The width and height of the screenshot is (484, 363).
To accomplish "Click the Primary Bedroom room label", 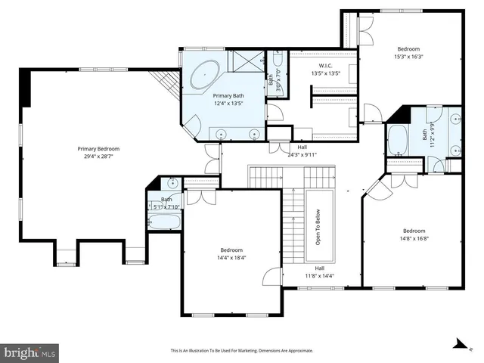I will pyautogui.click(x=99, y=149).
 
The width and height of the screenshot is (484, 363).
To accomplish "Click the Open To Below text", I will pyautogui.click(x=318, y=228).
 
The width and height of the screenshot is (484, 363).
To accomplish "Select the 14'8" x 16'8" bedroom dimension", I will pyautogui.click(x=413, y=239).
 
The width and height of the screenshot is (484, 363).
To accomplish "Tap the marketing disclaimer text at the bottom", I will pyautogui.click(x=241, y=351).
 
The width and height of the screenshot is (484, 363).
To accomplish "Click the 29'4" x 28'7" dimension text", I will pyautogui.click(x=99, y=157).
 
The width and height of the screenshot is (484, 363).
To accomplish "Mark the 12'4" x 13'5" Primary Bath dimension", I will pyautogui.click(x=227, y=104).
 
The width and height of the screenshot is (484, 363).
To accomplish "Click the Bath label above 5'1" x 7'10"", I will pyautogui.click(x=166, y=200).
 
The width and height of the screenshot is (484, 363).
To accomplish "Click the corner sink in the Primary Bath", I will pyautogui.click(x=194, y=125).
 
